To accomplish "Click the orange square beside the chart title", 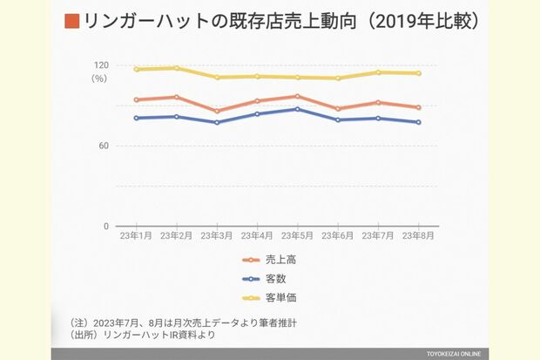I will point(72,21).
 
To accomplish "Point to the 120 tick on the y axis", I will point(101,65).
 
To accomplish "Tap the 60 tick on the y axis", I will point(104,146).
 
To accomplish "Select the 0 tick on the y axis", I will point(106,227).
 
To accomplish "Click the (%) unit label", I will point(99,78).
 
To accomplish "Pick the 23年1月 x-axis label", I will point(136,235).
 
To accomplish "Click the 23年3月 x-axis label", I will point(217,235).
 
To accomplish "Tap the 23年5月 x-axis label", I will point(297,235).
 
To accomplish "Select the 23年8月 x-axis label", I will point(418,235).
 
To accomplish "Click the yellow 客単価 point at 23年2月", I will point(177,68).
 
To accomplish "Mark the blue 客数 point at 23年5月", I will point(297,109).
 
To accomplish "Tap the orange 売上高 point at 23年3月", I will point(217,112).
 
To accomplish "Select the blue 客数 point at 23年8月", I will point(418,122).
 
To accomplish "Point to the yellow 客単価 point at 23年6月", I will point(338,78).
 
